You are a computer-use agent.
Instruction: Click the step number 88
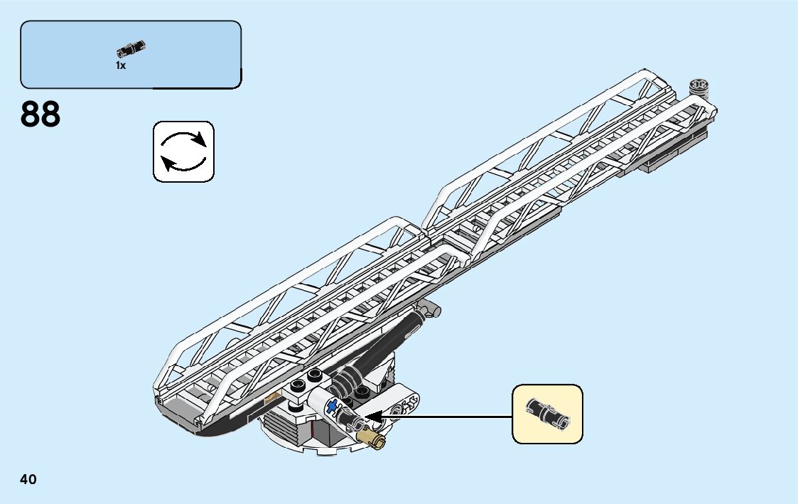coord(41,114)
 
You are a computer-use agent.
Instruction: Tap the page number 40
coord(28,480)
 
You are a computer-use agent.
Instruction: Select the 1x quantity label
coord(121,65)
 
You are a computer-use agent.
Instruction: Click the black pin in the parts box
coord(131,48)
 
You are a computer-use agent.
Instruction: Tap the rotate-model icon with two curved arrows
coord(183,151)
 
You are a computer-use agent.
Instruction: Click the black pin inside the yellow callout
coord(546,414)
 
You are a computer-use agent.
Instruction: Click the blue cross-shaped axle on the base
coord(332,406)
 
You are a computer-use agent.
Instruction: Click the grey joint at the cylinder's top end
coord(429,309)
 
